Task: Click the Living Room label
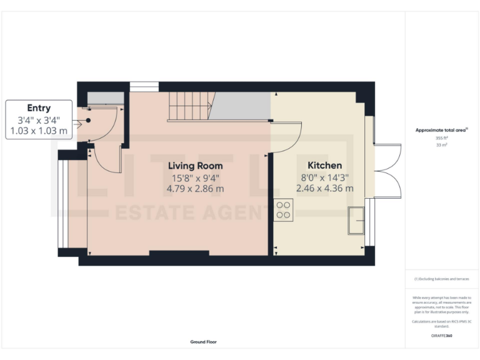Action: pos(195,166)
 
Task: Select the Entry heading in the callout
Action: pos(39,108)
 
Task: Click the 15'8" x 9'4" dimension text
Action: pos(195,177)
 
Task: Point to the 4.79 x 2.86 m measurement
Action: pos(195,188)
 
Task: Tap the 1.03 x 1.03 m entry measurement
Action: pos(39,131)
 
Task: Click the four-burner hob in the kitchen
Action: pos(283,209)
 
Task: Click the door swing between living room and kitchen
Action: pos(287,137)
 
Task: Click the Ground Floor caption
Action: pos(204,342)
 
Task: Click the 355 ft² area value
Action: pos(441,137)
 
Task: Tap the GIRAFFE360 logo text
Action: pos(441,336)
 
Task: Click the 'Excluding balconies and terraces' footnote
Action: pos(441,279)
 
